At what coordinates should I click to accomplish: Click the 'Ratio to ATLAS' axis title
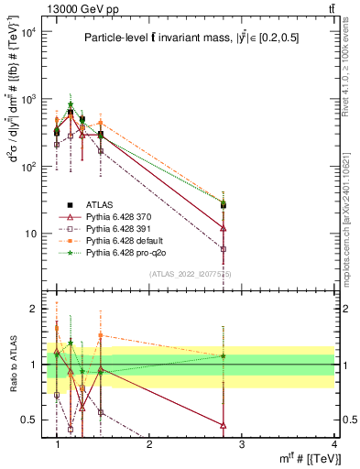click(x=12, y=365)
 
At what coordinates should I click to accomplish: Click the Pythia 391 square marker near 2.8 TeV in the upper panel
click(x=224, y=248)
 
